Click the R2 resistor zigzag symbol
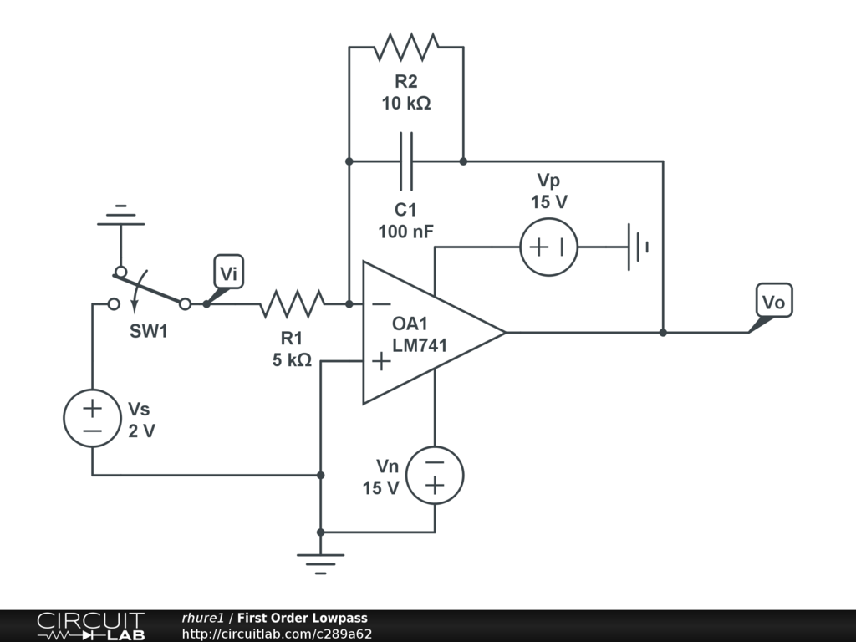pyautogui.click(x=405, y=47)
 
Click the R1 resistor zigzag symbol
pyautogui.click(x=292, y=304)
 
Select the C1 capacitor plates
pyautogui.click(x=405, y=161)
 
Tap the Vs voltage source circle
pyautogui.click(x=92, y=418)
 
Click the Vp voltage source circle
pyautogui.click(x=548, y=247)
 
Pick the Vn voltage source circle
pyautogui.click(x=435, y=475)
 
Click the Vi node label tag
pyautogui.click(x=228, y=272)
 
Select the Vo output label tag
pyautogui.click(x=773, y=301)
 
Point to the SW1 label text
pyautogui.click(x=149, y=331)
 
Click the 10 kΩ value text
pyautogui.click(x=406, y=103)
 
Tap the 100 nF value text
pyautogui.click(x=405, y=232)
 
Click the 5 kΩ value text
pyautogui.click(x=292, y=359)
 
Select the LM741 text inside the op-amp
pyautogui.click(x=420, y=345)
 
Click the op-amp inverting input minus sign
pyautogui.click(x=381, y=304)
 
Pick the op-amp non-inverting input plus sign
pyautogui.click(x=381, y=361)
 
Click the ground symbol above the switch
pyautogui.click(x=120, y=216)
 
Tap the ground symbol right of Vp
pyautogui.click(x=638, y=247)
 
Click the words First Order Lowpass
pyautogui.click(x=303, y=618)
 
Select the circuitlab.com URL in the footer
pyautogui.click(x=277, y=634)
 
